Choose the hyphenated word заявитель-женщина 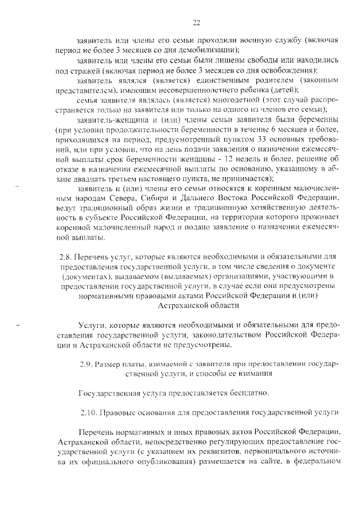tap(112, 120)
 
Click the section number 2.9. tap(88, 364)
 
